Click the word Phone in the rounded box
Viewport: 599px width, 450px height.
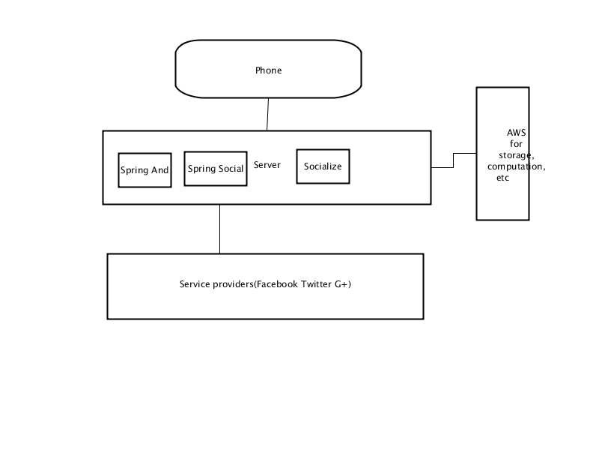tap(269, 70)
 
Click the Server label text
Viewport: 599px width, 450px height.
tap(267, 165)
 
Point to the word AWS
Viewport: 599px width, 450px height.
tap(516, 133)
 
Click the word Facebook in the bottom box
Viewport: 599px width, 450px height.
tap(277, 284)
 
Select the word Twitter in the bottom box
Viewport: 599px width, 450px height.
tap(316, 284)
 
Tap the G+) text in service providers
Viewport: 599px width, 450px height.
tap(343, 284)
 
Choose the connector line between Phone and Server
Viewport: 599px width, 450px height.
tap(268, 115)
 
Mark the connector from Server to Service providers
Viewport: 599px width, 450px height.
tap(219, 229)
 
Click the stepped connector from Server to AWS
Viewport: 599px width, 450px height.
tap(454, 160)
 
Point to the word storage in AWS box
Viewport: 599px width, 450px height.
tap(515, 155)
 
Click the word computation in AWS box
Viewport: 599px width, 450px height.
tap(514, 166)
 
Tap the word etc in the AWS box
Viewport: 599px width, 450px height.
tap(502, 178)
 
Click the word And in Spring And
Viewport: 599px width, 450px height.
tap(159, 170)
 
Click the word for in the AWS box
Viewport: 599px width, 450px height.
tap(516, 144)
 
